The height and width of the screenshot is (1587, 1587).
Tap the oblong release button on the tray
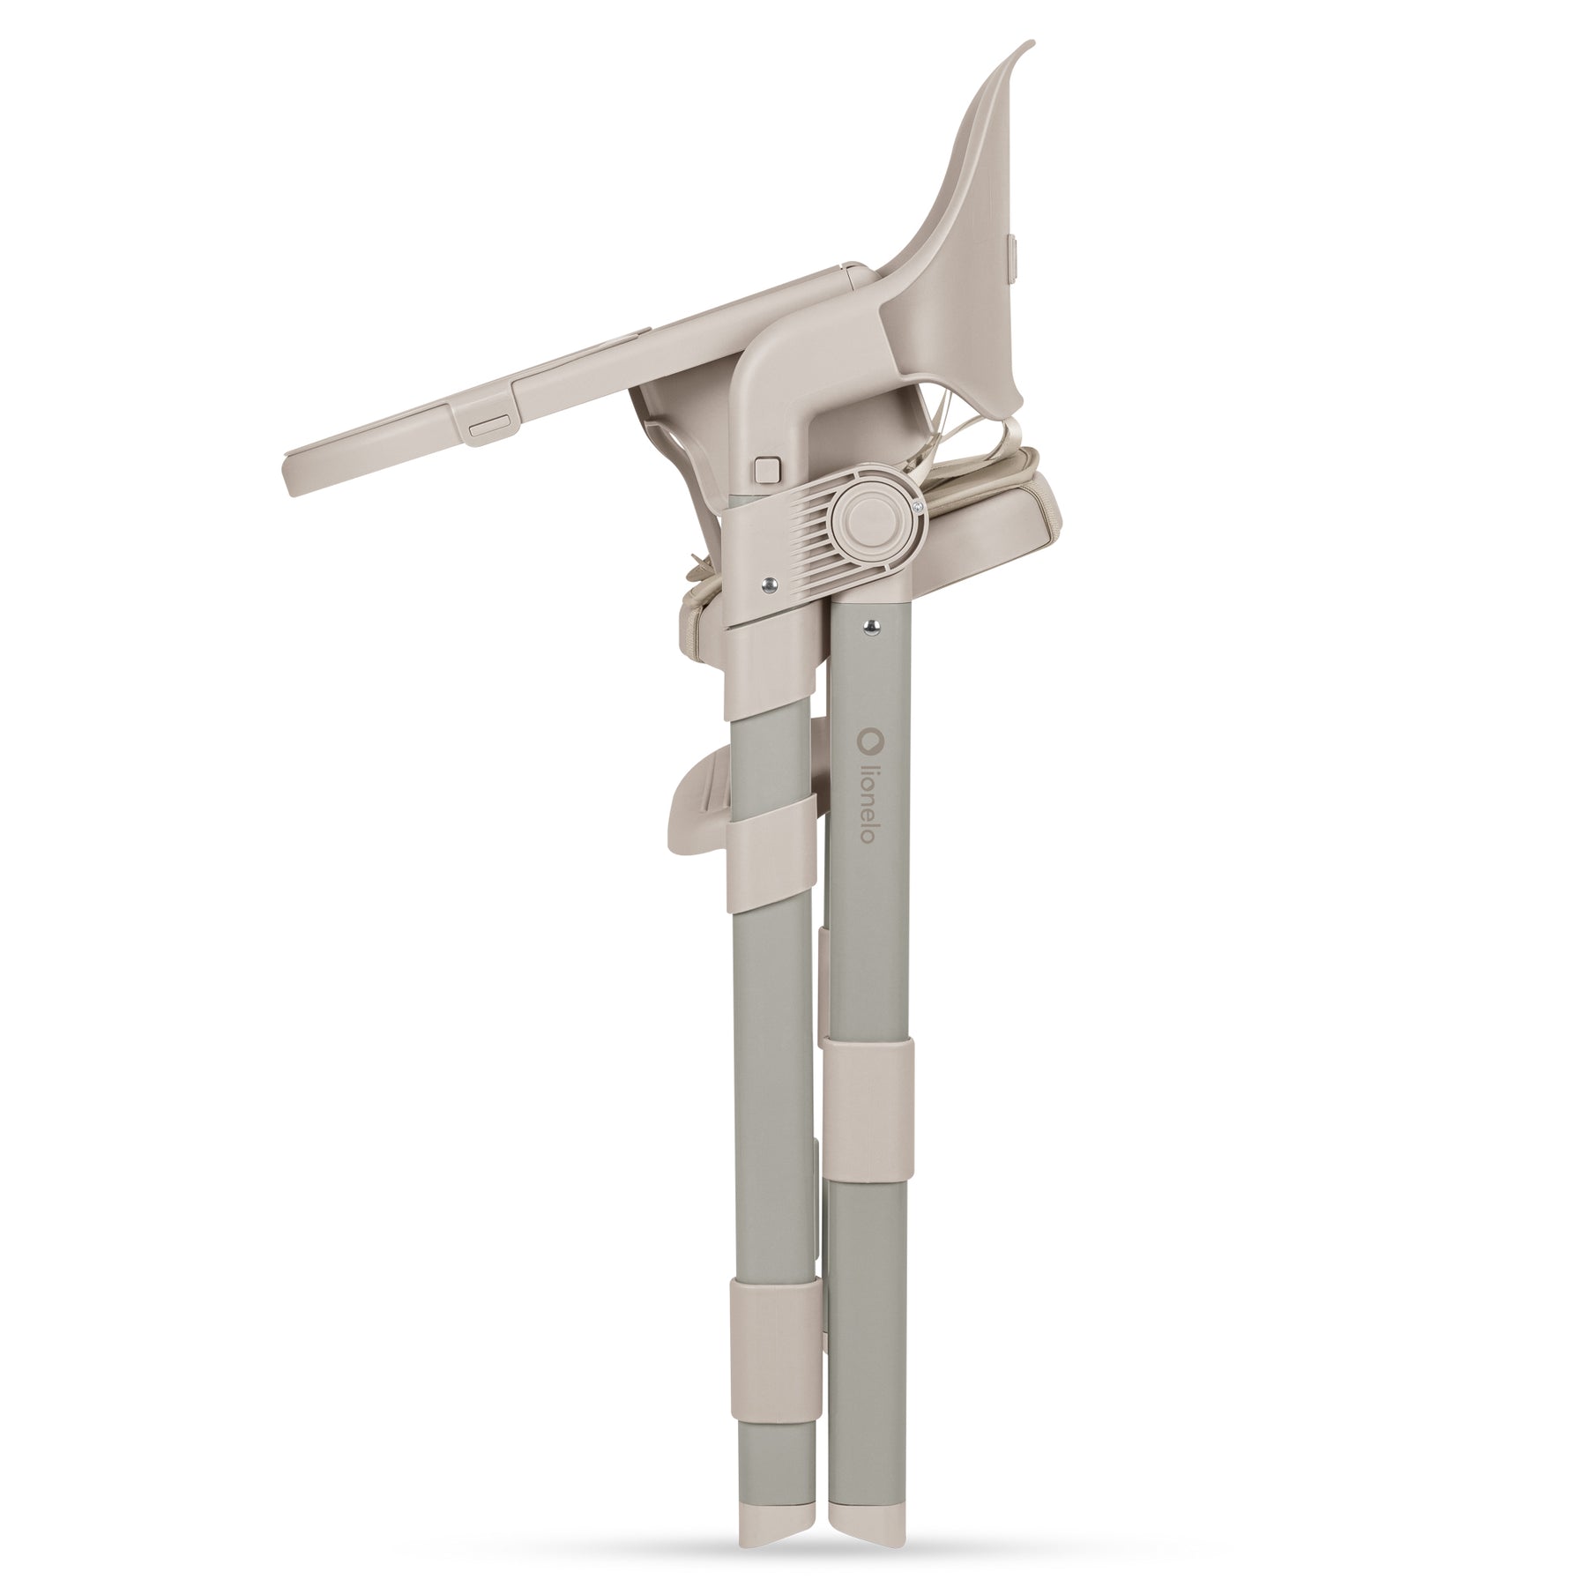point(489,426)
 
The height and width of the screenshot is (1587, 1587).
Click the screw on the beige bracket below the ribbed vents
point(771,582)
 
